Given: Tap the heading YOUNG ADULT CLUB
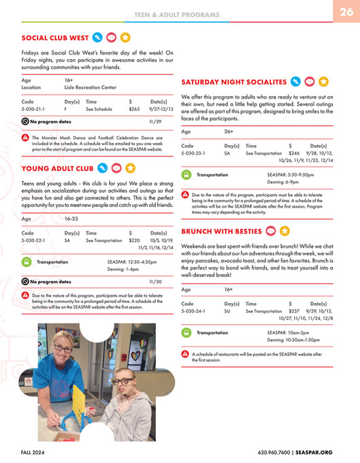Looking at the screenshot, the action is click(57, 168).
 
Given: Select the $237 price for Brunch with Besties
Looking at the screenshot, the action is click(294, 310).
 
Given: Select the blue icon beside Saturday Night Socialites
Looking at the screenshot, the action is click(295, 82).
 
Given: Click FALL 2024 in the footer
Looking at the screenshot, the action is click(35, 452).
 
